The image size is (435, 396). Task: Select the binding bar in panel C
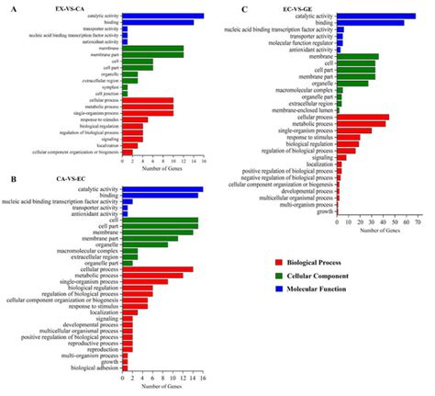[371, 23]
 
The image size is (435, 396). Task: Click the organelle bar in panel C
[352, 84]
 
